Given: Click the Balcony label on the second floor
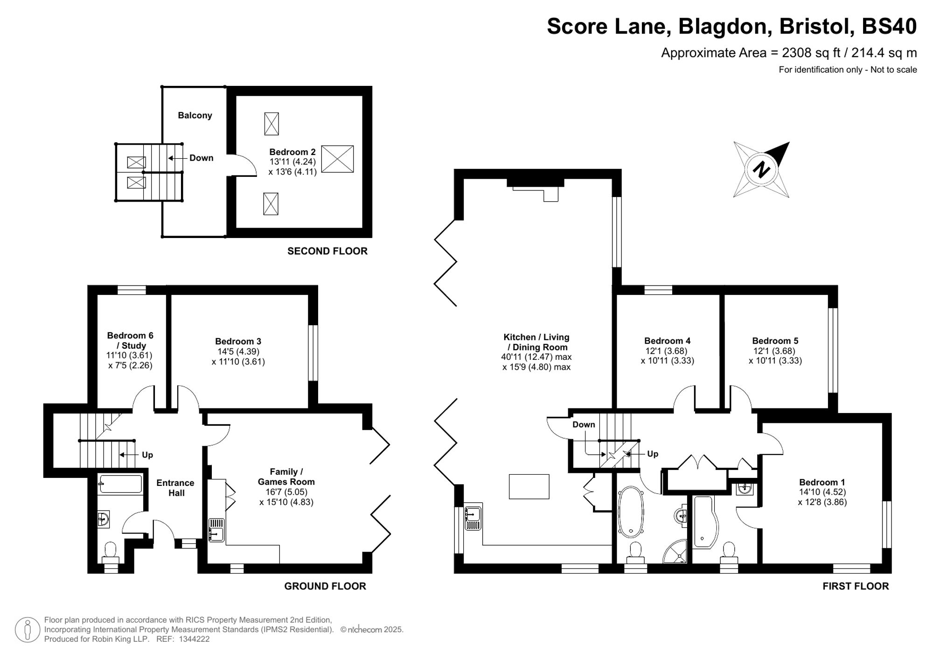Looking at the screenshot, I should coord(195,115).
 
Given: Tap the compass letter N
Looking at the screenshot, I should coord(761,169).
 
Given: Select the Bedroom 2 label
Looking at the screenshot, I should coord(292,152).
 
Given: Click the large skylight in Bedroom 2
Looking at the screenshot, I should coord(337,159).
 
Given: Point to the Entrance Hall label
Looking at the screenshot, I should coord(176,488).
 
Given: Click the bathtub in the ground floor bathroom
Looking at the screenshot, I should coord(120,484).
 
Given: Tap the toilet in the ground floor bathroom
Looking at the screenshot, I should coord(110,551).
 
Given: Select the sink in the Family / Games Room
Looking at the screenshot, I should coord(216,530).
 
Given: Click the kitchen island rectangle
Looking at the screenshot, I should coord(529,486).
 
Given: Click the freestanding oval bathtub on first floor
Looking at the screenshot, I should coord(631,511).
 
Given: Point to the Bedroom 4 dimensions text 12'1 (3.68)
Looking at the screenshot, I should coord(667,351).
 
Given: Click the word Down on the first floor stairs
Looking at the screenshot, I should coord(584,424).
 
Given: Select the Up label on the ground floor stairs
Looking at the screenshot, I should coord(147,455).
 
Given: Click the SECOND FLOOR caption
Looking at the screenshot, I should coord(327,251).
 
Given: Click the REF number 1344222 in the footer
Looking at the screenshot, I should coord(194,639).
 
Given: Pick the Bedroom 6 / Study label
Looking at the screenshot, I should coord(130,340).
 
